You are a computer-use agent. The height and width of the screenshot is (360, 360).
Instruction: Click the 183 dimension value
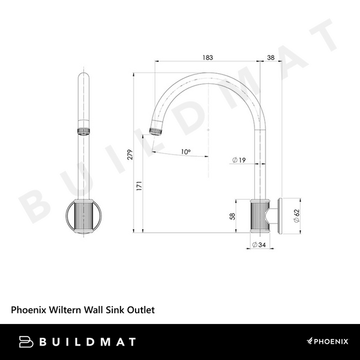coord(207,57)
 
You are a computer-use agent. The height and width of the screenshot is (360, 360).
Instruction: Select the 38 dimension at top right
coord(270,57)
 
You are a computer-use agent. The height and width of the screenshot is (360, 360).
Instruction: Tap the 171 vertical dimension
coord(139,186)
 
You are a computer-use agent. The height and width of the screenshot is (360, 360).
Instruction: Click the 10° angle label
coord(185,152)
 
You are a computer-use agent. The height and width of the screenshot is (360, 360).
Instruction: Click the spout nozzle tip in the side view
coord(156,130)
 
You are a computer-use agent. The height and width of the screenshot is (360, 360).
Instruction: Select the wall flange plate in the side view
coord(280,214)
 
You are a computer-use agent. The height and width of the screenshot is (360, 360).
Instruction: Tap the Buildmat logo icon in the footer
coord(26,341)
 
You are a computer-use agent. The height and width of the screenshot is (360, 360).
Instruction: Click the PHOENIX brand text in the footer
coord(331,341)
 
